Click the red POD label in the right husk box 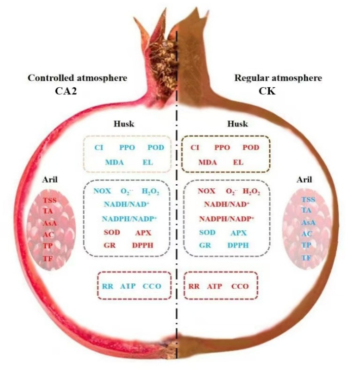point(250,148)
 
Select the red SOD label point(112,232)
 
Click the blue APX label point(238,232)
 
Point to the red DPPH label point(142,245)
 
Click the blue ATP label point(127,286)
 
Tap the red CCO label point(240,286)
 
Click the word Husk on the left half point(124,123)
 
